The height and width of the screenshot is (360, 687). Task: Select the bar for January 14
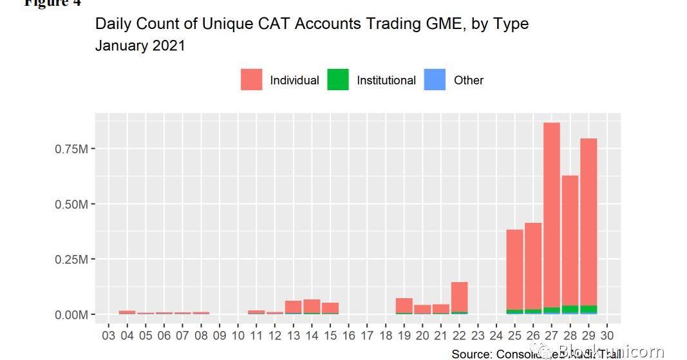(x=312, y=306)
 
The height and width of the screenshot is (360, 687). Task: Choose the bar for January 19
(x=404, y=305)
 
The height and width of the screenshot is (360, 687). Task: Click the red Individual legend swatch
(x=251, y=80)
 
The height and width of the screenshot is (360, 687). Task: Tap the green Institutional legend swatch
(x=337, y=80)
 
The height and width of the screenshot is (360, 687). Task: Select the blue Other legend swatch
(x=435, y=80)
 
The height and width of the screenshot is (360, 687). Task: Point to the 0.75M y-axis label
(x=71, y=149)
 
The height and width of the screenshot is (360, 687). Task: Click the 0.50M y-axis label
(x=71, y=204)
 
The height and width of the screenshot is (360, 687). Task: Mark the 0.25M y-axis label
(x=71, y=260)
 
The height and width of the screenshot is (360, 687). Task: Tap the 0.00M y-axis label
(x=71, y=315)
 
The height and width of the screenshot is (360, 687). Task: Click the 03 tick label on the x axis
(x=109, y=336)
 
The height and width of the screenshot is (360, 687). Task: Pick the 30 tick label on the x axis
(x=607, y=336)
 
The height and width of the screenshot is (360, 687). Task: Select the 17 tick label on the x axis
(x=367, y=336)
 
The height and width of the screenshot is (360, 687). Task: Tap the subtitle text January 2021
(x=140, y=46)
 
